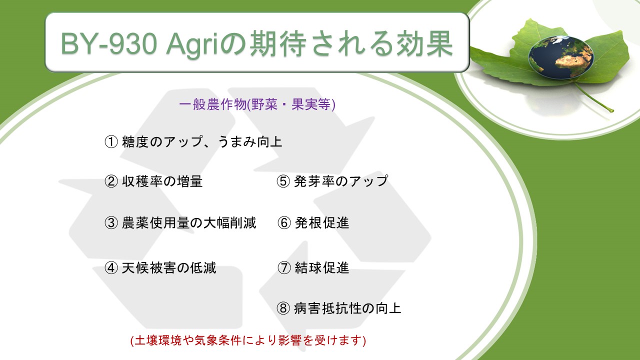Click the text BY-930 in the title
coord(109,43)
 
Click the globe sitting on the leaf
coord(560,57)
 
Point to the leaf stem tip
coord(611,110)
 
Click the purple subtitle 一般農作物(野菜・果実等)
coord(257,104)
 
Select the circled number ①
coord(111,141)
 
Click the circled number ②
coord(111,181)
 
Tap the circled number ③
coord(111,223)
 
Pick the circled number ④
coord(111,267)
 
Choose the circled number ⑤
coord(283,181)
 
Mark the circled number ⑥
coord(284,223)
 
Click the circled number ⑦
coord(284,267)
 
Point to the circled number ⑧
coord(283,308)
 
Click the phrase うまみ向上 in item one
coord(250,141)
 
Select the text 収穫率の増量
coord(162,181)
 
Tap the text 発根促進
coord(322,223)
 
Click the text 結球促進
coord(322,267)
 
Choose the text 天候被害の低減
coord(169,267)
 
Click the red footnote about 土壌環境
coord(248,340)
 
